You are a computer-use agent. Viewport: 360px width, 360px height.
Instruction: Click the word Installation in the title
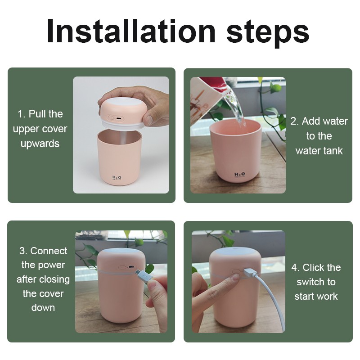tap(130, 31)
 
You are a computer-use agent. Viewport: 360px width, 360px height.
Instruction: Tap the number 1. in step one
tap(22, 114)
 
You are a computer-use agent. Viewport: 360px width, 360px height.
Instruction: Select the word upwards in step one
tap(40, 144)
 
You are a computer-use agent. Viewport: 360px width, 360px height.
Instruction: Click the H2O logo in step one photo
tap(117, 177)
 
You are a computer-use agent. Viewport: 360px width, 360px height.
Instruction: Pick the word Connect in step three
tap(49, 251)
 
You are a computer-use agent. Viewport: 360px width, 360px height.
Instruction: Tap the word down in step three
tap(43, 308)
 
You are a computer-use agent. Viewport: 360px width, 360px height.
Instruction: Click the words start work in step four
tap(316, 296)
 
